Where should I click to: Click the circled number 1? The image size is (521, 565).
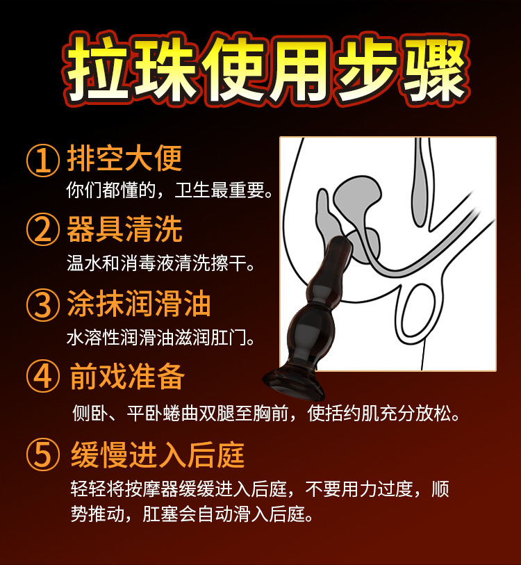[44, 160]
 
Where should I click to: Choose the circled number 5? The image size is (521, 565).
[44, 455]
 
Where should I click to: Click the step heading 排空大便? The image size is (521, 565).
[124, 159]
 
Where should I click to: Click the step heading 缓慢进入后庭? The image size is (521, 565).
[158, 455]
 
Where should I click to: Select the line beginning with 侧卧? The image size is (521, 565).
[266, 413]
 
